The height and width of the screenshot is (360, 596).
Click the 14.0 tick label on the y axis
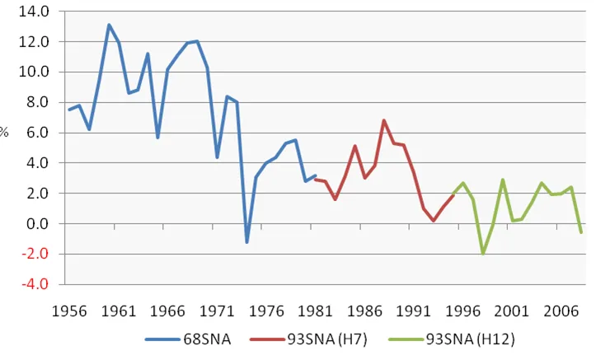click(x=34, y=12)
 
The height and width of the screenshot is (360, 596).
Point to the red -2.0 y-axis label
click(x=35, y=254)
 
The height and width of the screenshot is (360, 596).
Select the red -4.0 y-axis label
click(x=35, y=284)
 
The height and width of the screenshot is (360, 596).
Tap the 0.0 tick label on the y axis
click(x=37, y=224)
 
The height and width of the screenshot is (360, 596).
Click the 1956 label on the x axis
click(x=69, y=311)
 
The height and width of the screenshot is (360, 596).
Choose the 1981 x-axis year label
click(x=315, y=311)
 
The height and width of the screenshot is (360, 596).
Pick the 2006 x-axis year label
click(x=561, y=311)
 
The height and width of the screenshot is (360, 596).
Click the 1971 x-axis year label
click(x=217, y=311)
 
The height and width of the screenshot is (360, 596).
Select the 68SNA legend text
click(x=207, y=339)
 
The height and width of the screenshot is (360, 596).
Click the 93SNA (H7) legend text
click(x=327, y=339)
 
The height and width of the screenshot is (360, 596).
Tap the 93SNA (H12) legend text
click(x=470, y=339)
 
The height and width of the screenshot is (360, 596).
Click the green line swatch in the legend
click(x=406, y=339)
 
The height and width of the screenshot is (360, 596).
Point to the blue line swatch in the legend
click(x=162, y=339)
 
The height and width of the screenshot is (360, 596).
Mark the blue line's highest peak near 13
click(x=109, y=25)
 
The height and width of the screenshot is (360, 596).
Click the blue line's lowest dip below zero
click(x=246, y=242)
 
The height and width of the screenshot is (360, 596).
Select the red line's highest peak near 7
click(x=384, y=120)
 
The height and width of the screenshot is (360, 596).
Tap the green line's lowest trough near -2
click(x=483, y=253)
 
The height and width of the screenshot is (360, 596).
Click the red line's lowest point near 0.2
click(x=434, y=221)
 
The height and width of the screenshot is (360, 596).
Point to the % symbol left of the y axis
click(x=4, y=133)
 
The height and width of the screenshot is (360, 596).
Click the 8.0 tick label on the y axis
click(x=37, y=102)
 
